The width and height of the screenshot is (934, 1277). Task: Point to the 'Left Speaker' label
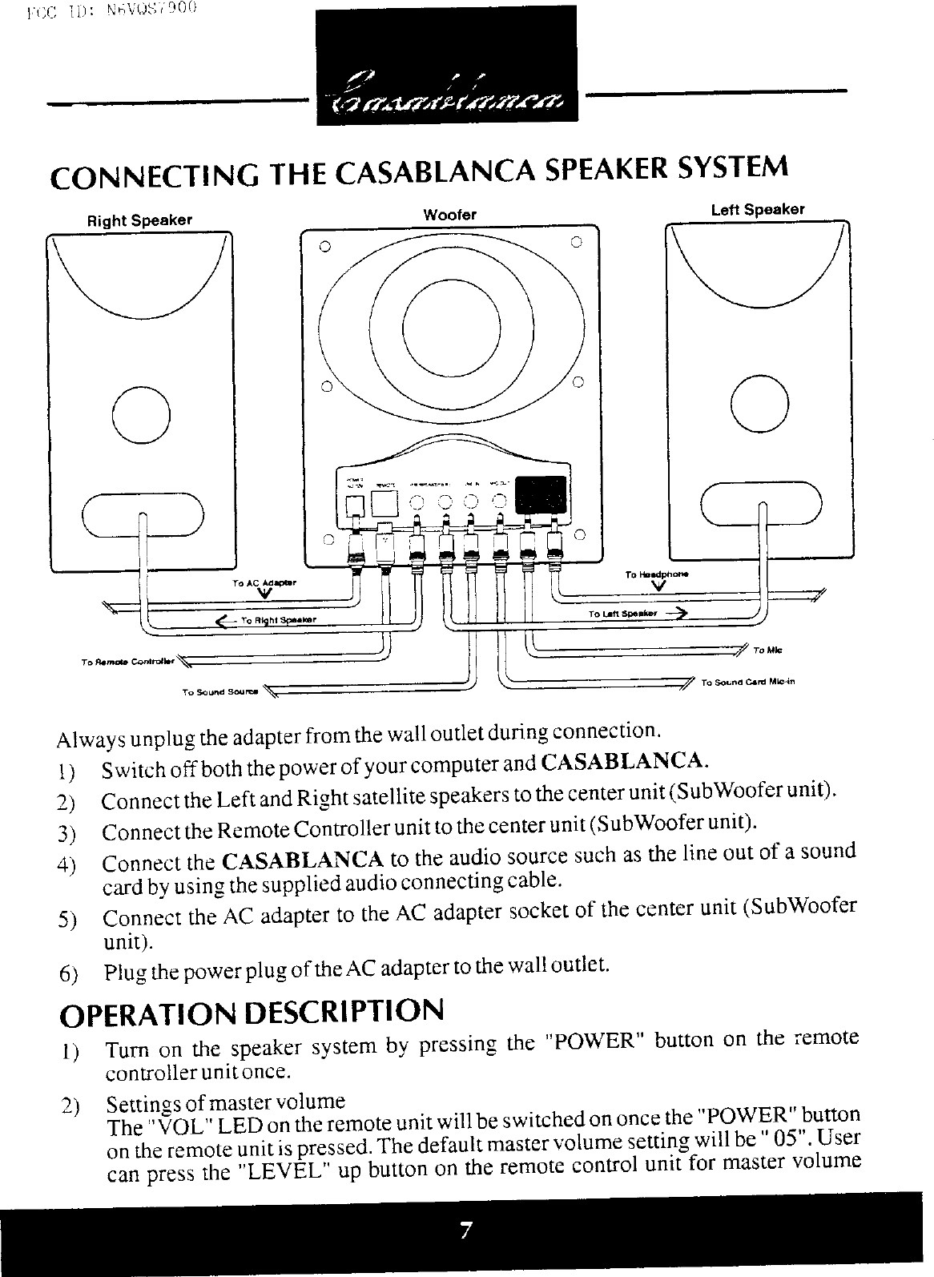point(758,209)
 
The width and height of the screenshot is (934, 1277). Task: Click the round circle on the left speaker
point(760,401)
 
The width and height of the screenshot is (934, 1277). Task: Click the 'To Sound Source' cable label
point(218,690)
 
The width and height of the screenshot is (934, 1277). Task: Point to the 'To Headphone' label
point(657,574)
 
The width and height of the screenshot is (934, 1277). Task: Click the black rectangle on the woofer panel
point(541,495)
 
